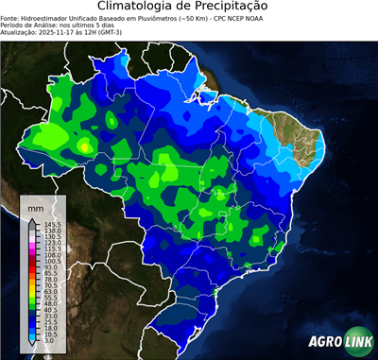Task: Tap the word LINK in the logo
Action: [x=356, y=342]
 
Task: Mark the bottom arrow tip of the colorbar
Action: [x=33, y=347]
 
